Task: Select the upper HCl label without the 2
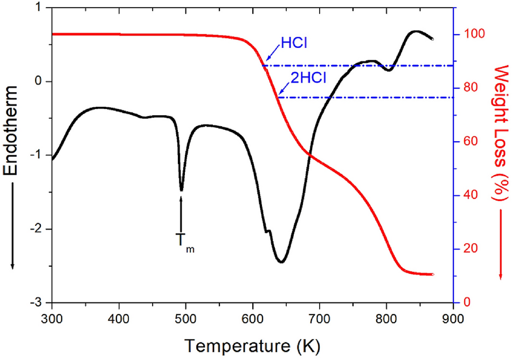click(x=294, y=43)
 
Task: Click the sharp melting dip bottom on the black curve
click(x=181, y=190)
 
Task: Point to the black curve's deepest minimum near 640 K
click(x=281, y=262)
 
